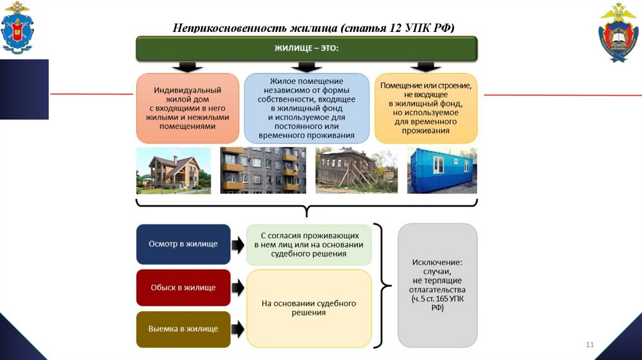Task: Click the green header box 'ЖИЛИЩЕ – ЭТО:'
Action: coord(307,48)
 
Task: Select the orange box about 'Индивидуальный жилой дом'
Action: coord(187,108)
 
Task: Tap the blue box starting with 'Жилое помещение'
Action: coord(307,108)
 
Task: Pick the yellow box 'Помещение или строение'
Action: coord(426,108)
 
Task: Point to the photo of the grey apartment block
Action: coord(263,171)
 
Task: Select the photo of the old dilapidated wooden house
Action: coord(356,171)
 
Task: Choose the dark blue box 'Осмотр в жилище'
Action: coord(183,244)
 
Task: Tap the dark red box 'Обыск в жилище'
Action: coord(183,287)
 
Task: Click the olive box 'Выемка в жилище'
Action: coord(183,329)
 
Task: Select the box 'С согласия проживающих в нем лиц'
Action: coord(308,244)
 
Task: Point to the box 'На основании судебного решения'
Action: coord(308,308)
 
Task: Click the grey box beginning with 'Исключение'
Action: coord(438,285)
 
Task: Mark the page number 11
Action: coord(589,346)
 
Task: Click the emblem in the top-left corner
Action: coord(18,28)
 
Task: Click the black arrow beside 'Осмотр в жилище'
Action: coord(238,245)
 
